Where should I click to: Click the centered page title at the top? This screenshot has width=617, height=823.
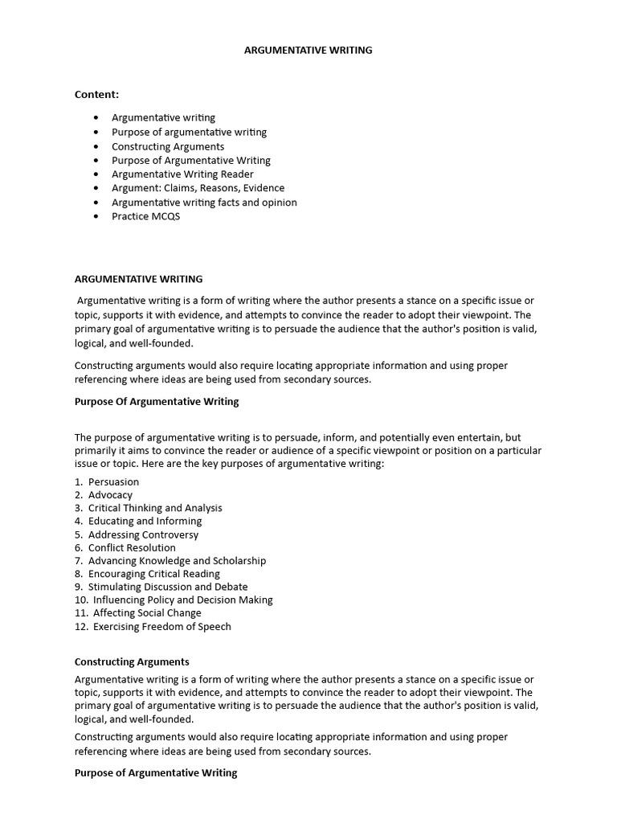pos(308,50)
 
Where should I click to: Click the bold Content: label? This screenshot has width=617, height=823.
pos(96,94)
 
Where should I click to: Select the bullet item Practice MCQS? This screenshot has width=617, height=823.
pos(145,216)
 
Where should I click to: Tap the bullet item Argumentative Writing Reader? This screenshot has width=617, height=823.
pos(182,174)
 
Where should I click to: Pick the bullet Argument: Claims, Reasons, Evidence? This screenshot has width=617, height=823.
pos(198,188)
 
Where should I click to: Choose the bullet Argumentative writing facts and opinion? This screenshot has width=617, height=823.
pos(204,203)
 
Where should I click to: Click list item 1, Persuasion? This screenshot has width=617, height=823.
pos(113,482)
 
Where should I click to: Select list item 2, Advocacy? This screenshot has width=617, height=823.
pos(110,495)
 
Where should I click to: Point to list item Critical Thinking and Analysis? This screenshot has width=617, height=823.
pos(155,508)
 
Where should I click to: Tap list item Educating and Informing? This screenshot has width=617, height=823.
pos(145,521)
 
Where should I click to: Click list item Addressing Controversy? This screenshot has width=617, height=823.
pos(143,534)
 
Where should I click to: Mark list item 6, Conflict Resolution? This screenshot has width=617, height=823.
pos(132,547)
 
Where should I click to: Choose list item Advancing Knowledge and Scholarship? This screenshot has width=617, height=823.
pos(177,561)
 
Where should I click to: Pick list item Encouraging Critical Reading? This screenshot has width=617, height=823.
pos(153,574)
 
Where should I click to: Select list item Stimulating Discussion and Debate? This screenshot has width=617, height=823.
pos(168,587)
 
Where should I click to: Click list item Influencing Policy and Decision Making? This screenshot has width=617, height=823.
pos(182,600)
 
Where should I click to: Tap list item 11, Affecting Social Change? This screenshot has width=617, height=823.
pos(147,613)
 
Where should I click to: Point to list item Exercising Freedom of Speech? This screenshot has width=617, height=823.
pos(161,626)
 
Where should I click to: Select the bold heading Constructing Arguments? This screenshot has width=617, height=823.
pos(132,661)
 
